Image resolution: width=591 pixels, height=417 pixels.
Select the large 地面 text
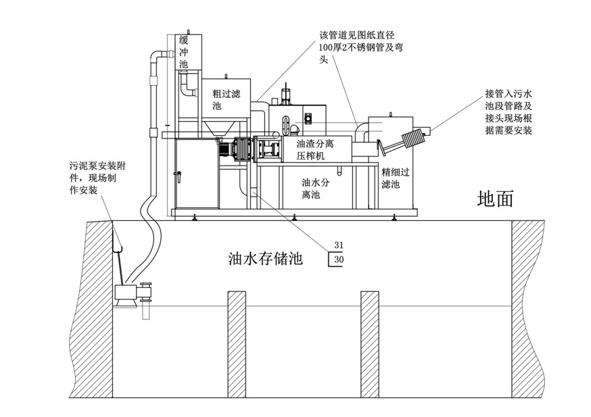[x=496, y=198]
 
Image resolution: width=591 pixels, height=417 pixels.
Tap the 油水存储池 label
[x=264, y=257]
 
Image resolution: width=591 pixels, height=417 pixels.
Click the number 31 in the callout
[x=339, y=245]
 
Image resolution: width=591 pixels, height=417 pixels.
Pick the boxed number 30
[x=339, y=259]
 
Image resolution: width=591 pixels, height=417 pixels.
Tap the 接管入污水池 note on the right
[x=509, y=111]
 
